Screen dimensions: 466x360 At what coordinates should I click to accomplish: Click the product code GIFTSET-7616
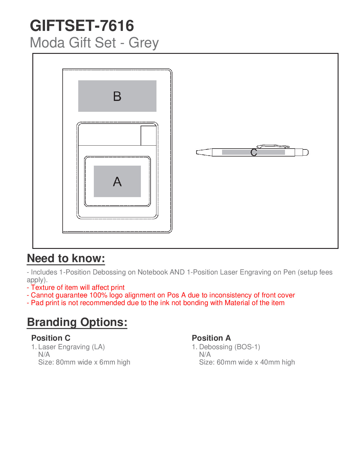(x=82, y=26)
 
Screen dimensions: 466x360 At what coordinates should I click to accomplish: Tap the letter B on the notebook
(x=117, y=96)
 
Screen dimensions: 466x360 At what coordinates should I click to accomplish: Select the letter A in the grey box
(x=117, y=182)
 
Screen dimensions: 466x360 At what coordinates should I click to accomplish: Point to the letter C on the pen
(x=254, y=152)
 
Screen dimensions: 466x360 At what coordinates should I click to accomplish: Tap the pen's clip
(x=273, y=146)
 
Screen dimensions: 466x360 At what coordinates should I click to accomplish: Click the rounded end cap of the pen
(x=305, y=152)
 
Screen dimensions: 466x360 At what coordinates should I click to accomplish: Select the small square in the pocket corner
(x=149, y=135)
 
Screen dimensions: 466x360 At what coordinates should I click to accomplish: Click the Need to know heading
(x=66, y=258)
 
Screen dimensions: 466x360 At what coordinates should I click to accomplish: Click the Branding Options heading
(x=77, y=322)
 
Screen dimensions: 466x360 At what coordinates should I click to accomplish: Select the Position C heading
(x=51, y=338)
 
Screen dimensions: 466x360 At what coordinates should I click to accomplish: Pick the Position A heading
(x=211, y=338)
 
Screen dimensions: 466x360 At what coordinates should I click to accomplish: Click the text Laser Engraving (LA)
(x=71, y=347)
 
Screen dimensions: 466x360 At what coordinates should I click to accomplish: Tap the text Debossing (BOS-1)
(x=229, y=347)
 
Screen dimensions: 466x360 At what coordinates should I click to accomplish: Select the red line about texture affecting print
(x=78, y=287)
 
